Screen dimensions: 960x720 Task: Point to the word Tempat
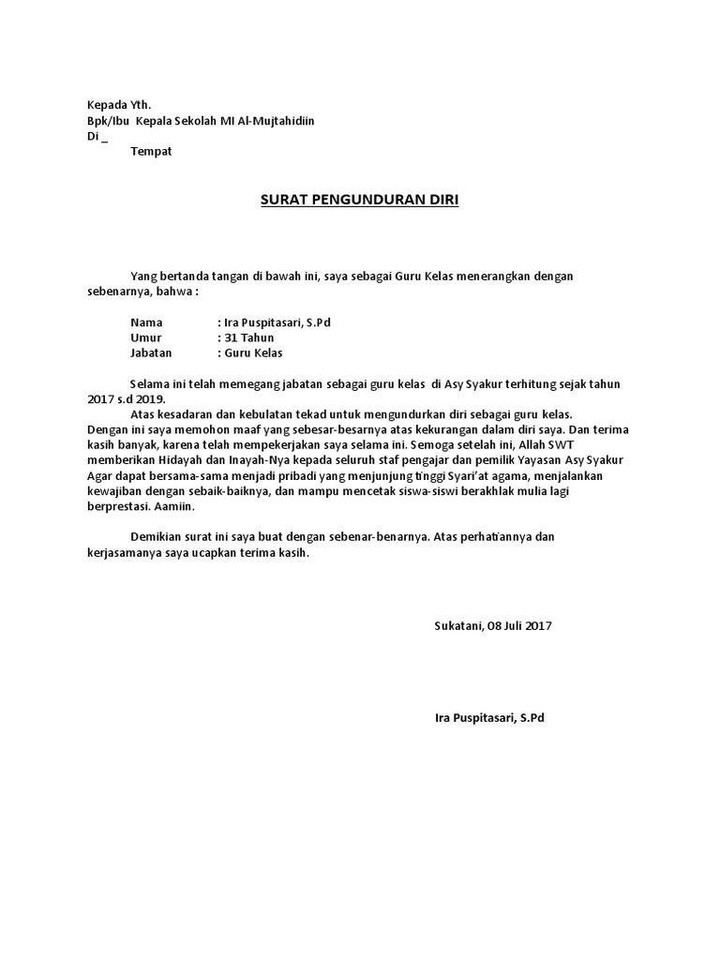(x=151, y=151)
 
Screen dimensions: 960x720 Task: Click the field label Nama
(x=146, y=322)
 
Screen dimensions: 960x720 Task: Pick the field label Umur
(x=146, y=337)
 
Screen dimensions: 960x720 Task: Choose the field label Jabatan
(x=152, y=353)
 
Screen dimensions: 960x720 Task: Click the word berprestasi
(x=111, y=505)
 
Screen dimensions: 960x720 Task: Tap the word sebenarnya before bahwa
(x=113, y=292)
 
